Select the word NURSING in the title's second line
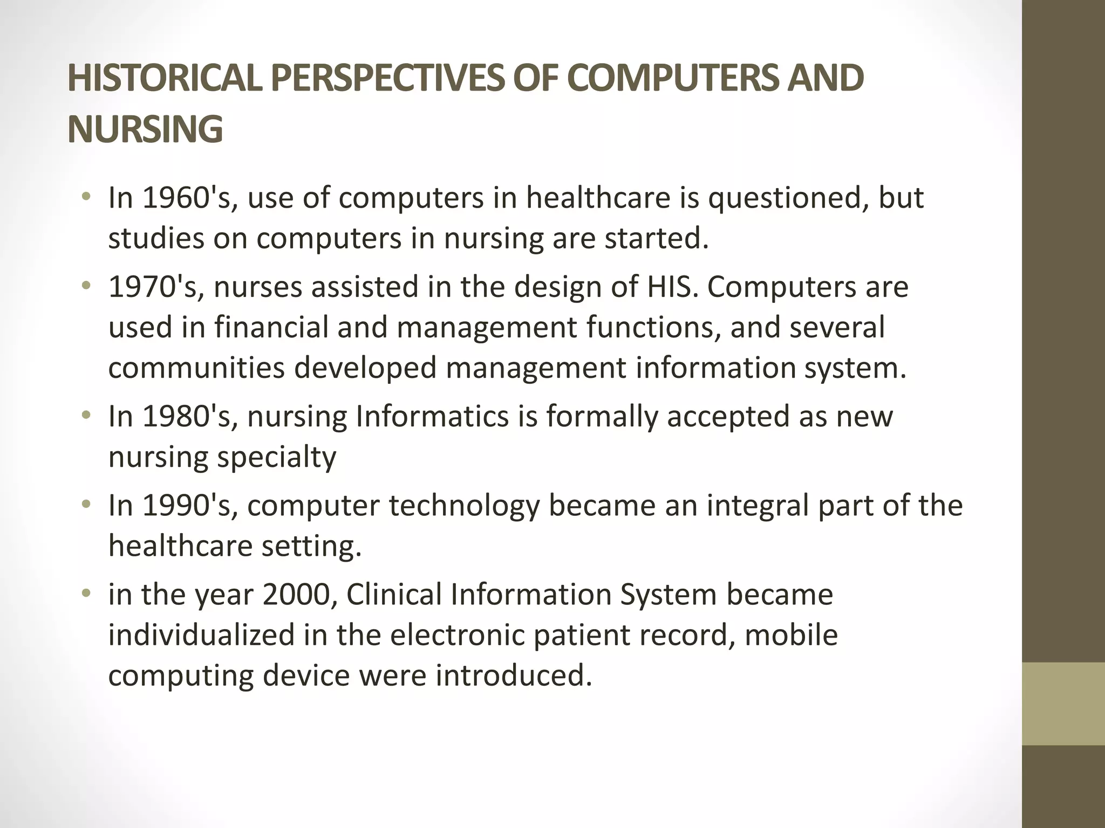[x=145, y=129]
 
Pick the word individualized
[x=201, y=634]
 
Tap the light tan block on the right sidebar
[x=1063, y=703]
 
